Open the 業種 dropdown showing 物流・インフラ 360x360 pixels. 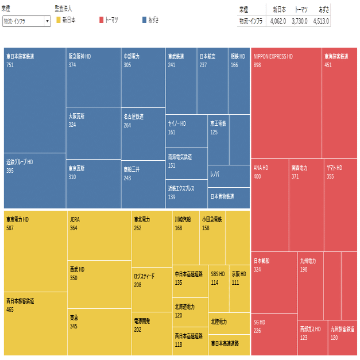(x=26, y=21)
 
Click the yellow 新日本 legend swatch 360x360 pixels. (x=59, y=20)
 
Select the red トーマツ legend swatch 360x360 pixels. (x=101, y=20)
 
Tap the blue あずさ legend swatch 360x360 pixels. (x=144, y=20)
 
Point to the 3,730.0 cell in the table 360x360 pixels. (x=299, y=21)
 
